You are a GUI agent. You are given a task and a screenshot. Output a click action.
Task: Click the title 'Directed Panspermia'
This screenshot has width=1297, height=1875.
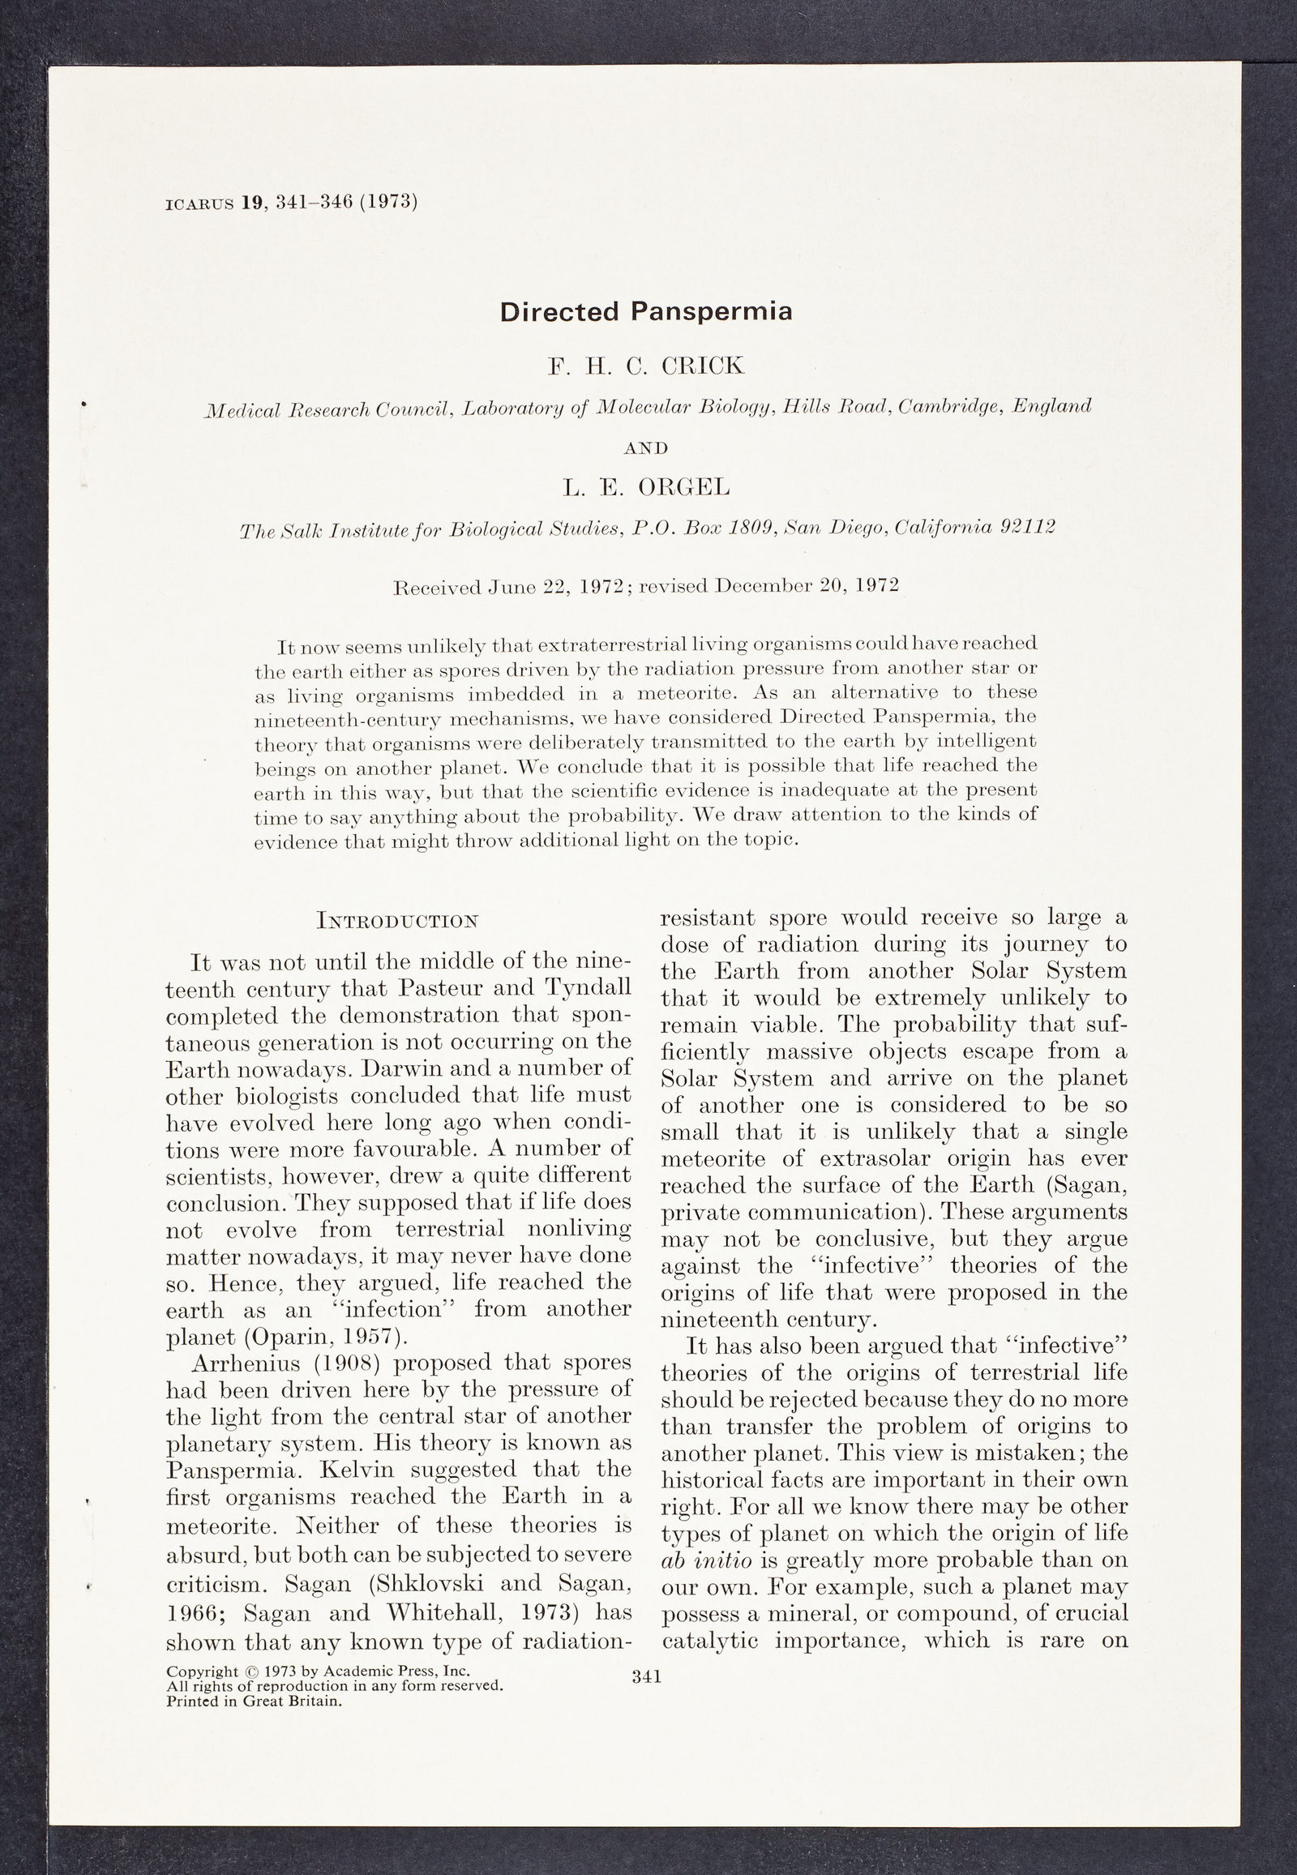646,311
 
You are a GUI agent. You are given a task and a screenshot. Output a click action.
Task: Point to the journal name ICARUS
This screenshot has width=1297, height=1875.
199,204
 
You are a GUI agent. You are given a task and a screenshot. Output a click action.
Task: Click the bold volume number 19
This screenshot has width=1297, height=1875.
253,203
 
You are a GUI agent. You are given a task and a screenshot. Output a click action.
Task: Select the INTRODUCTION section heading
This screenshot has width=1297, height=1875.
398,922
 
